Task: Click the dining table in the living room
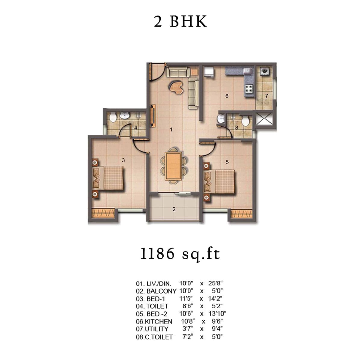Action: tap(173, 166)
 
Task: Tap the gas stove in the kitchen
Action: tap(249, 89)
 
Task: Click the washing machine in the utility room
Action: tap(264, 71)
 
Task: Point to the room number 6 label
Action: tap(227, 96)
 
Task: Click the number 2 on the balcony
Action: tap(174, 209)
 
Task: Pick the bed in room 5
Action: tap(219, 181)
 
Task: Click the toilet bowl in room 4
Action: tap(113, 117)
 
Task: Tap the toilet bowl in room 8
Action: tap(245, 121)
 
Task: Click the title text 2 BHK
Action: tap(180, 22)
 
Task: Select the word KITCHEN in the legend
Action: tap(159, 322)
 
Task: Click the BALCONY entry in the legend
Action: tap(161, 291)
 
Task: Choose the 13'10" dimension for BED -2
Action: tap(217, 314)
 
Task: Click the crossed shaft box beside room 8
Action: tap(264, 119)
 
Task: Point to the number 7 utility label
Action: tap(267, 96)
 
